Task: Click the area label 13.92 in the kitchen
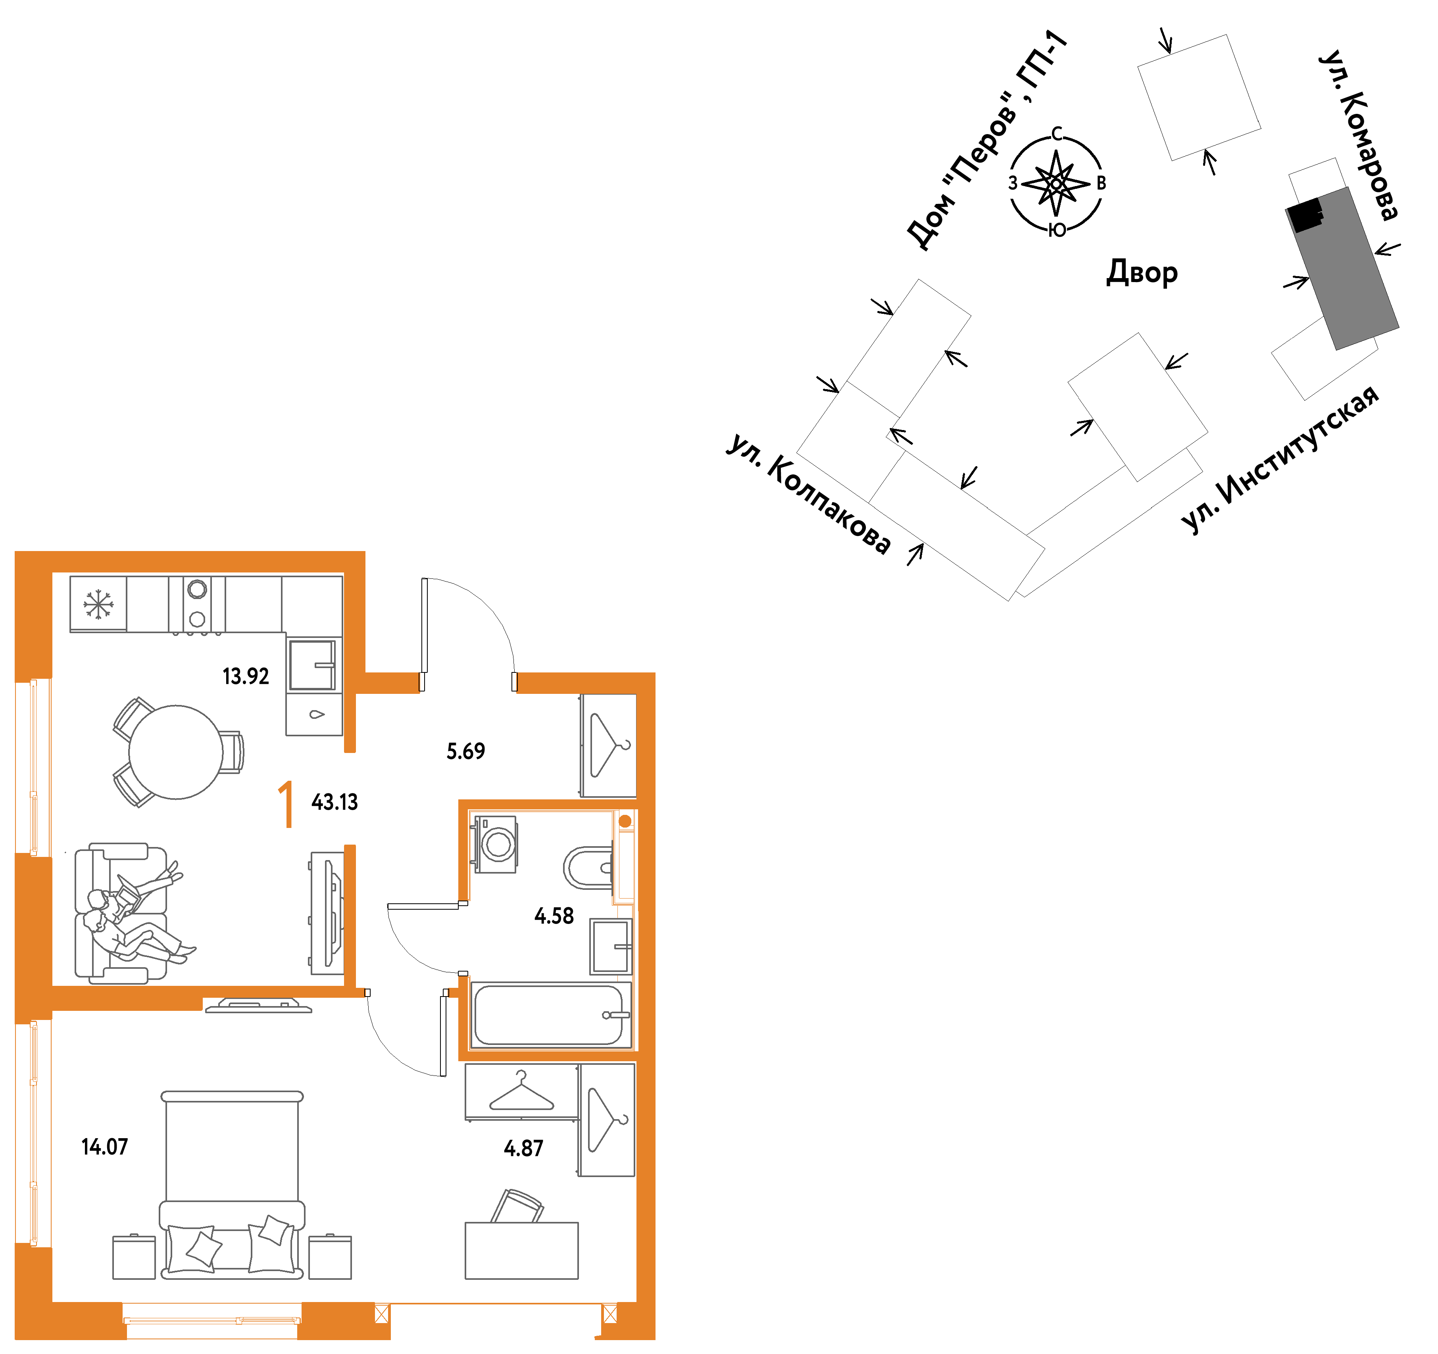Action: pos(246,676)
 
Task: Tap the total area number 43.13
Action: pos(335,802)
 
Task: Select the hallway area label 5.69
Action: pos(466,751)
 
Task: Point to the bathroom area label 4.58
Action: pos(554,916)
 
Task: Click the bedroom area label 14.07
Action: pos(105,1147)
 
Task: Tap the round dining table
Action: pos(176,752)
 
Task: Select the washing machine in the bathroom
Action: pos(496,844)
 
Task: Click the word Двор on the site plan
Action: pos(1142,273)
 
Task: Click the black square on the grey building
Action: pos(1305,215)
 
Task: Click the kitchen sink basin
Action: pos(313,665)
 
